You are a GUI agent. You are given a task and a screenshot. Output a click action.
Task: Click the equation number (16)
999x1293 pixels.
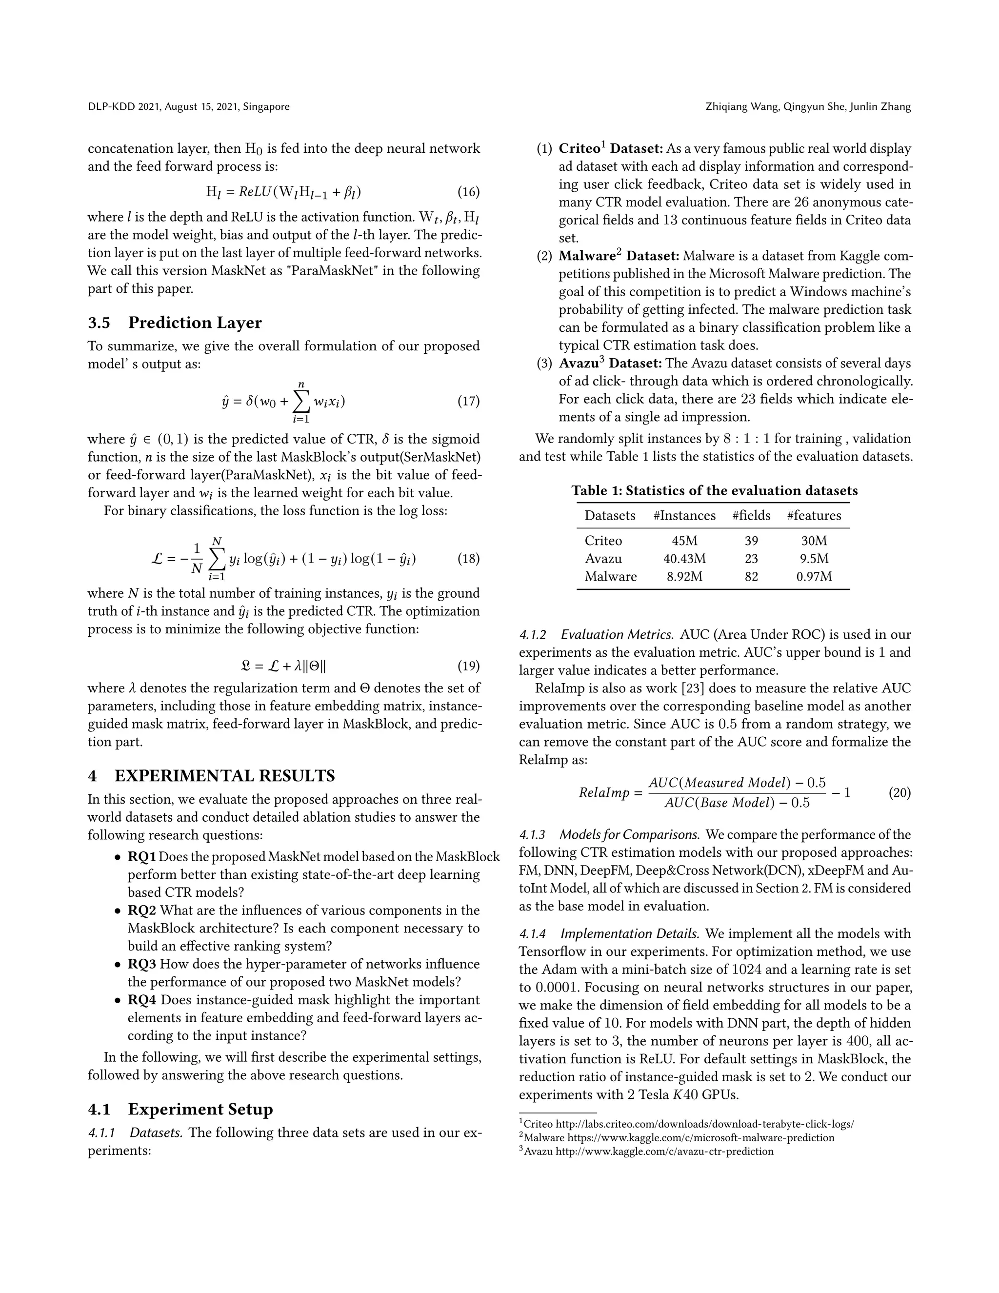pos(468,192)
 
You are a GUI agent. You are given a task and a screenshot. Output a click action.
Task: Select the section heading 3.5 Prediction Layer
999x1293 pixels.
pos(175,323)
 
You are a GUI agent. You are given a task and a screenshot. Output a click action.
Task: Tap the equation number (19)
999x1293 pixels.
pos(468,666)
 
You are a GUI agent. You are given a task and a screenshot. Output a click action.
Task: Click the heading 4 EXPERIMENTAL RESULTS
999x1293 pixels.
pos(211,776)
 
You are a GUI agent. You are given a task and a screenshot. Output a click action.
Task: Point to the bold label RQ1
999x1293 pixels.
pos(141,857)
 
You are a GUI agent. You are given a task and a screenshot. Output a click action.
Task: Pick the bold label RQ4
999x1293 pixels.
pos(142,1000)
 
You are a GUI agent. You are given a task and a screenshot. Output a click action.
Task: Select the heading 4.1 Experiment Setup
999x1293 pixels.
pos(180,1109)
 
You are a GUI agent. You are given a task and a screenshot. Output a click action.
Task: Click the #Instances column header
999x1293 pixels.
pos(684,516)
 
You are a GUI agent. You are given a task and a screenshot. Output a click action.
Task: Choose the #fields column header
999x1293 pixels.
pos(751,516)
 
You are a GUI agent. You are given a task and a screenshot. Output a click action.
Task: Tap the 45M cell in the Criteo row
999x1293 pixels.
pos(684,541)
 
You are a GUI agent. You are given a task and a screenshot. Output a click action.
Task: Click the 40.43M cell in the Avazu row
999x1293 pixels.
pos(684,558)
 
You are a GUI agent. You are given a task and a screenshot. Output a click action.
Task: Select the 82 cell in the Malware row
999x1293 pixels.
pos(751,577)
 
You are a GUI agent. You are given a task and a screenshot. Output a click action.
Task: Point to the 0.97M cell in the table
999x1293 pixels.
pos(814,577)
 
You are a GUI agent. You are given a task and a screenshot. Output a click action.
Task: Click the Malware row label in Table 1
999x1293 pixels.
pos(610,577)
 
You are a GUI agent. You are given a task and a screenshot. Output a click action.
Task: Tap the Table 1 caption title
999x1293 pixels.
pos(714,491)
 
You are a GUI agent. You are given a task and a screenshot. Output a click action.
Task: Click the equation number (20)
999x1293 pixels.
pos(899,792)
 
